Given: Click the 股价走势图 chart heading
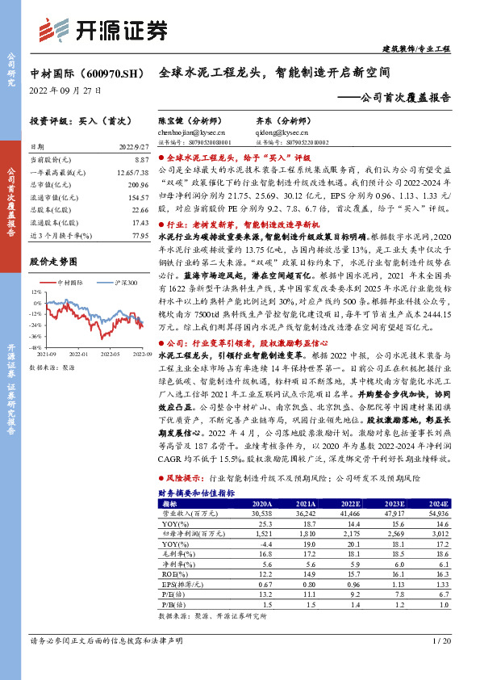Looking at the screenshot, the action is click(52, 262).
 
